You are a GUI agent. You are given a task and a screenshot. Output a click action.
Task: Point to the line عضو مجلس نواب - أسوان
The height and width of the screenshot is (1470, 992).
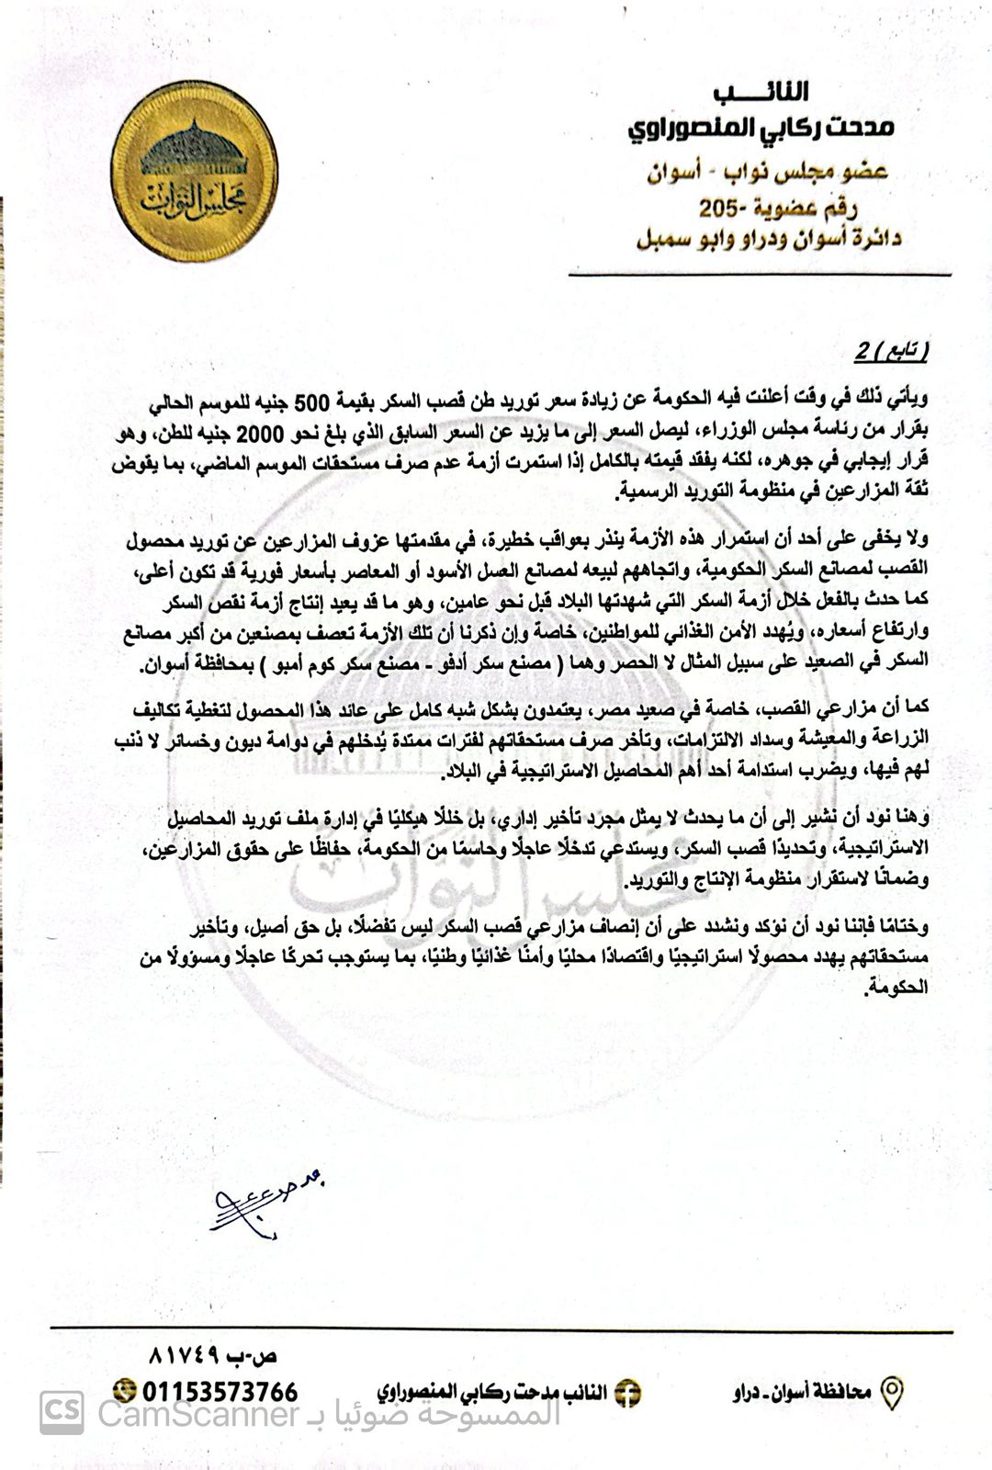point(771,172)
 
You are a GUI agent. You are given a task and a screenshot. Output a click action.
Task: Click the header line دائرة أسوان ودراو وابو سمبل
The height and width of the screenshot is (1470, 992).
point(769,239)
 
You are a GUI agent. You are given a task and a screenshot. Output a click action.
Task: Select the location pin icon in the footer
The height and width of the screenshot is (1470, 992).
point(891,1393)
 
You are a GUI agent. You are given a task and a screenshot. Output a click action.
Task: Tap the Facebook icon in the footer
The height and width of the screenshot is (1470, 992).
point(627,1393)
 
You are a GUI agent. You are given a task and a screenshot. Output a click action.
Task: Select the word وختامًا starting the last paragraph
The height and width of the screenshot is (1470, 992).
point(901,925)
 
